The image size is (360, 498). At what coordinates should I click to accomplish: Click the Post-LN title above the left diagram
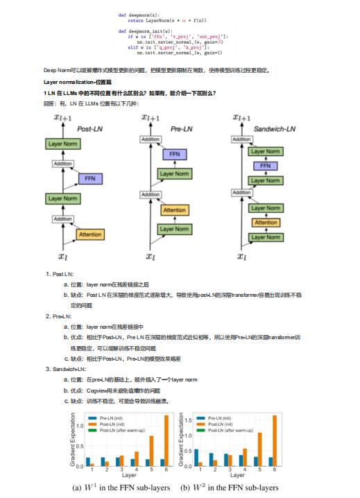coord(90,129)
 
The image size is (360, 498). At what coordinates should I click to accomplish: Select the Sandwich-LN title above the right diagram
coord(273,129)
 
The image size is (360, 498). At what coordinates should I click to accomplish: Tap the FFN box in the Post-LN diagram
coord(89,178)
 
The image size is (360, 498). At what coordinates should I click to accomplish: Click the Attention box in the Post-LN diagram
coord(89,234)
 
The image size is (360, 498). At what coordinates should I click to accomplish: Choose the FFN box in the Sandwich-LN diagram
coord(264,166)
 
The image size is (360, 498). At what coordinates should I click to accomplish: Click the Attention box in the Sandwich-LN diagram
coord(264,222)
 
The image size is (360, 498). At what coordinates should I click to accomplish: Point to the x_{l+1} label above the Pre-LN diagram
coord(150,119)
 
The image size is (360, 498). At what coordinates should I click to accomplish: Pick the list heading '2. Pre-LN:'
coord(60,316)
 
